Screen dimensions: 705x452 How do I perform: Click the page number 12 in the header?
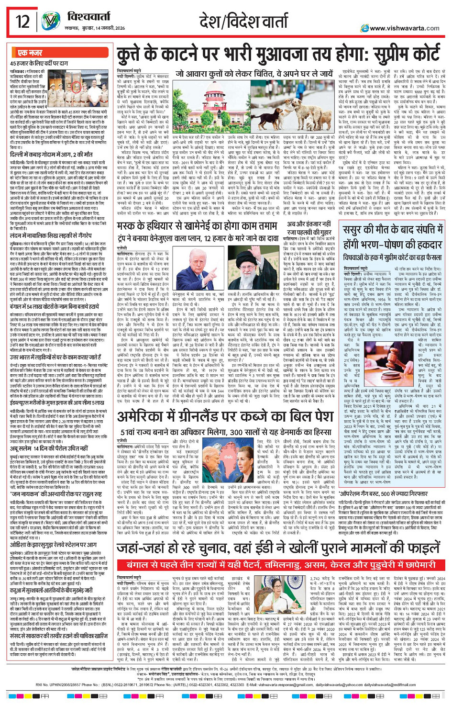click(22, 22)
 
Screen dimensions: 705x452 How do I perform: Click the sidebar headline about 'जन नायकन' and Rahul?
click(58, 491)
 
